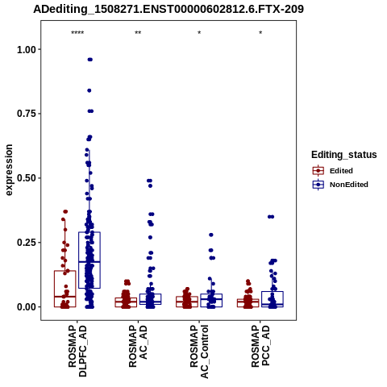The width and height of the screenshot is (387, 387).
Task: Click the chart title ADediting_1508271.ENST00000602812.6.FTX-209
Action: pyautogui.click(x=169, y=9)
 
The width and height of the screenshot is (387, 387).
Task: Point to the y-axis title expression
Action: pyautogui.click(x=9, y=170)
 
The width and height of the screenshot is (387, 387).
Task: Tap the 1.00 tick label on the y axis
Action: pyautogui.click(x=26, y=49)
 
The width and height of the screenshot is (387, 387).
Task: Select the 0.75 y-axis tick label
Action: pyautogui.click(x=26, y=114)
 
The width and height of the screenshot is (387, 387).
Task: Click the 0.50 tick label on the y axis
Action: pyautogui.click(x=26, y=178)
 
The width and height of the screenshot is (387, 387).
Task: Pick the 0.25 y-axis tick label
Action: pyautogui.click(x=26, y=243)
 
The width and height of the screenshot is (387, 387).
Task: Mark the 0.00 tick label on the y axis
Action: pyautogui.click(x=26, y=306)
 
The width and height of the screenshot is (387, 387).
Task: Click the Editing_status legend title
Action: pyautogui.click(x=344, y=155)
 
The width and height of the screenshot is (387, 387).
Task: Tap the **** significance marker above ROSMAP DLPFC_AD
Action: pyautogui.click(x=77, y=33)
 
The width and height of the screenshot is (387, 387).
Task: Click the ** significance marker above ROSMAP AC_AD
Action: pyautogui.click(x=138, y=33)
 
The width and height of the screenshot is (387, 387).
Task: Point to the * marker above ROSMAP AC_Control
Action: pyautogui.click(x=199, y=33)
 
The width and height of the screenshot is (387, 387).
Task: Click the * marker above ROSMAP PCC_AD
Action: pyautogui.click(x=260, y=33)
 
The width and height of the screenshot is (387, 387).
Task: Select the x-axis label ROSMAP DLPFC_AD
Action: pyautogui.click(x=77, y=351)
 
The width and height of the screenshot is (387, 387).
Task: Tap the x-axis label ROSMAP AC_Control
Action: pyautogui.click(x=199, y=352)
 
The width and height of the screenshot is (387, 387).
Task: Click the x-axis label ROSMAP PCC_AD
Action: pyautogui.click(x=260, y=346)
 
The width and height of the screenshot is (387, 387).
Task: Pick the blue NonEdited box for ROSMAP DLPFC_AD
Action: pyautogui.click(x=89, y=260)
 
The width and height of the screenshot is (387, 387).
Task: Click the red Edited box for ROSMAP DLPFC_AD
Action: pyautogui.click(x=65, y=289)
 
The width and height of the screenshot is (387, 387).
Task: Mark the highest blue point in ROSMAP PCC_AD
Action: pyautogui.click(x=271, y=217)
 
